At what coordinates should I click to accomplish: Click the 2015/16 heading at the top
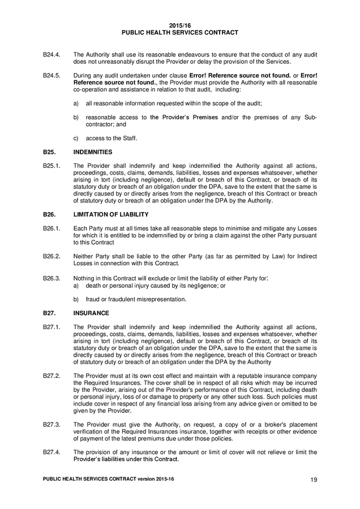click(180, 26)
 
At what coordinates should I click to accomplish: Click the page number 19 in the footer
click(314, 480)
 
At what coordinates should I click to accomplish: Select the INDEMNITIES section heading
click(93, 152)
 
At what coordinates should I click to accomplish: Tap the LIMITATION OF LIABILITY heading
click(111, 214)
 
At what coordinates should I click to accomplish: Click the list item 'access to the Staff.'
click(111, 138)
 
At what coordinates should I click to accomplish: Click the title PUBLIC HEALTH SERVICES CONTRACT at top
click(180, 33)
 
